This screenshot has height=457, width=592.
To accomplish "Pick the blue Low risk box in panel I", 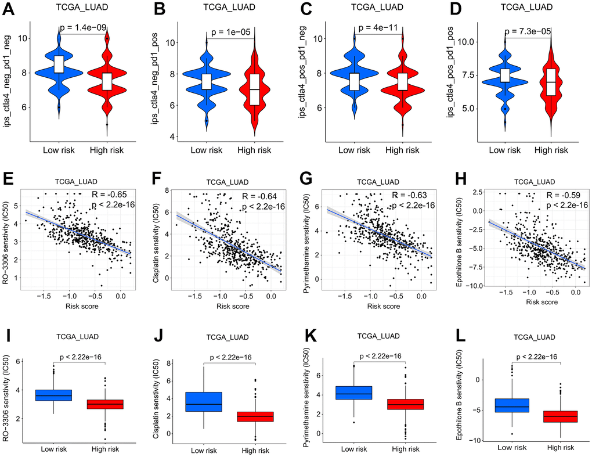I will pos(54,395).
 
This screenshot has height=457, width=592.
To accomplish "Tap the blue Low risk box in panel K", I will pos(354,393).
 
